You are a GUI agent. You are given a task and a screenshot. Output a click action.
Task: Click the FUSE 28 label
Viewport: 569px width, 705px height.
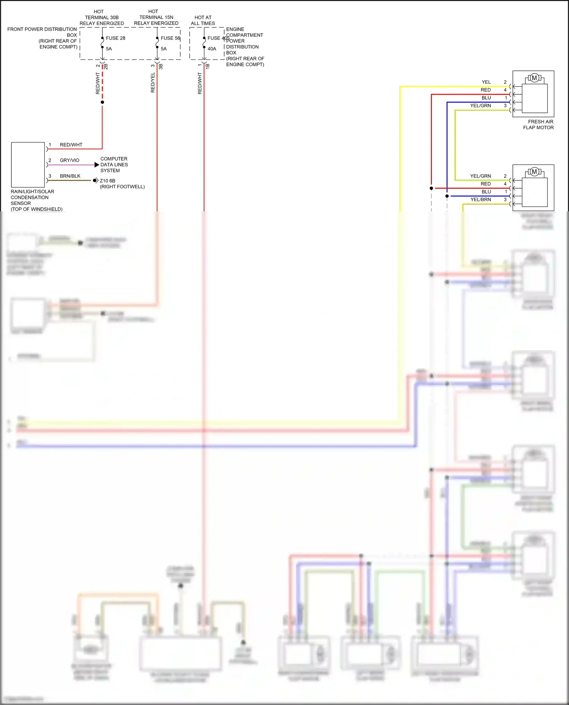pos(115,38)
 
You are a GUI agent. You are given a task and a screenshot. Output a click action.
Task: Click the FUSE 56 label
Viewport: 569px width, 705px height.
pos(170,38)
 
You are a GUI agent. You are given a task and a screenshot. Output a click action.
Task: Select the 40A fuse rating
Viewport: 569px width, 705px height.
pos(212,49)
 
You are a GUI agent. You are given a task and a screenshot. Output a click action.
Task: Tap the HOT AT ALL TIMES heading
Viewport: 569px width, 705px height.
pos(203,20)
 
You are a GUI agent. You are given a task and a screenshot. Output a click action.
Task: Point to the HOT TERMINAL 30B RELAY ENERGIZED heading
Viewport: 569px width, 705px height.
pos(102,17)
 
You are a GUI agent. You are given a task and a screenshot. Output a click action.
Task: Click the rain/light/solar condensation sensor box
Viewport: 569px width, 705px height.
pos(28,164)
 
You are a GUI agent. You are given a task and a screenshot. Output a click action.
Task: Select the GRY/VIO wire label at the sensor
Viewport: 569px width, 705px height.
pos(69,160)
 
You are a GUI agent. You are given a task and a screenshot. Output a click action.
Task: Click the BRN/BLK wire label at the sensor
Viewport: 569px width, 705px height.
pos(70,176)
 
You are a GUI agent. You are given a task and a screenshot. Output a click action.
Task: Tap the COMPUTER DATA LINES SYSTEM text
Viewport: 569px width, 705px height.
pos(114,165)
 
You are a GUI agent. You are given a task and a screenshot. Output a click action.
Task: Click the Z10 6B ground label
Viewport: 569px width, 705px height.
pos(107,181)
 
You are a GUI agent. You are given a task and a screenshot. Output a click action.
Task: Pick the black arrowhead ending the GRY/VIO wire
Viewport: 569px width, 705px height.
pos(97,165)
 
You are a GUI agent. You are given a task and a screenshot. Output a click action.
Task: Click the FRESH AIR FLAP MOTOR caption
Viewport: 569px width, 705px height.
pos(538,125)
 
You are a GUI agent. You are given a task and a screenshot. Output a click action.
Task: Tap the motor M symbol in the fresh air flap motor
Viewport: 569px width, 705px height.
pos(534,78)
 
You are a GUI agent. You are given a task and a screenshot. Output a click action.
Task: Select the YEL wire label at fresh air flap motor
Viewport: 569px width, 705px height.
pos(486,82)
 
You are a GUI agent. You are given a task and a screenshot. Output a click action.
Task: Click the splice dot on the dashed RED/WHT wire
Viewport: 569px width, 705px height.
pos(102,102)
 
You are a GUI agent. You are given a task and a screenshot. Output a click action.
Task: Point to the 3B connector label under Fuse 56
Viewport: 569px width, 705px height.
pos(161,66)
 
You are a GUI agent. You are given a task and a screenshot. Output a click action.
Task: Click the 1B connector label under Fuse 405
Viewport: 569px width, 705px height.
pos(207,66)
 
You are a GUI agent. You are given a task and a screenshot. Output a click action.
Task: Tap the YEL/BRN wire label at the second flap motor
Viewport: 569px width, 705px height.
pos(481,200)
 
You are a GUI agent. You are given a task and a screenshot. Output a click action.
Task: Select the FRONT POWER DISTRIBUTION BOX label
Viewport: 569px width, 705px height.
pos(42,38)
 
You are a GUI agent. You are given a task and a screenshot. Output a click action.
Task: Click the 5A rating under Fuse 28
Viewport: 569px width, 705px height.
pos(109,49)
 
